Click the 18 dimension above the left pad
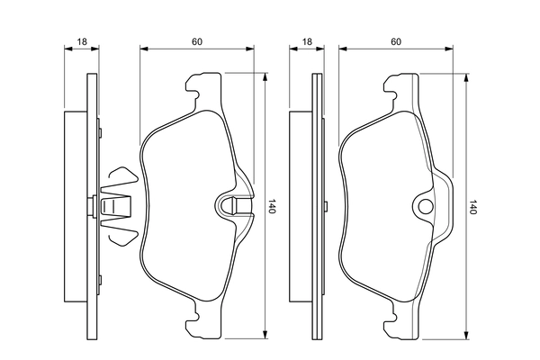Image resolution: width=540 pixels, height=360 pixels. pyautogui.click(x=81, y=42)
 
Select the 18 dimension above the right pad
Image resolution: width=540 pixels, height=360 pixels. pyautogui.click(x=307, y=42)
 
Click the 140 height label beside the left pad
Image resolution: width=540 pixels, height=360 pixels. pyautogui.click(x=271, y=207)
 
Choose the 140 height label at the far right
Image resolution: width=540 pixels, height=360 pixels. pyautogui.click(x=472, y=207)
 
